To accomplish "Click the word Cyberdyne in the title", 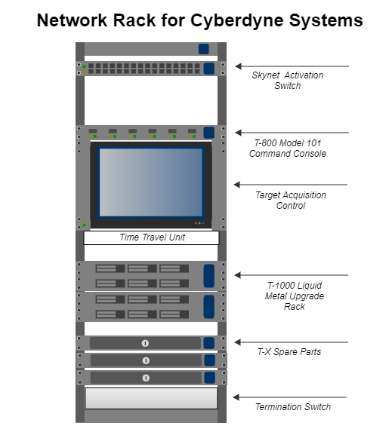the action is pos(237,20).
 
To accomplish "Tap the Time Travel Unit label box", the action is pos(151,237).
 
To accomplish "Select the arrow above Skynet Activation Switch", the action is pos(292,66).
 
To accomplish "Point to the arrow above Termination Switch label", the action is pos(290,397).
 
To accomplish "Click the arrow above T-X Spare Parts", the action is pos(292,342).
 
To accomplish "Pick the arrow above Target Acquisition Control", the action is pos(291,185).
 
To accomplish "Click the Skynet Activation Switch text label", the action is pos(288,81).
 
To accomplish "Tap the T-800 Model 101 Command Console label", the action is pos(288,149).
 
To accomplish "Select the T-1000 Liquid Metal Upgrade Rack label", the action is pos(295,296).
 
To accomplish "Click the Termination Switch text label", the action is pos(293,407).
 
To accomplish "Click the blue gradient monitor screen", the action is pos(151,182).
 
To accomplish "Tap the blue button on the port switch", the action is pos(208,69).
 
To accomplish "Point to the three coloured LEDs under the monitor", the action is pos(199,223).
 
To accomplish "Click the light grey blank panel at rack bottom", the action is pos(151,398).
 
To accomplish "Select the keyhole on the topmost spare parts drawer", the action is pos(145,343).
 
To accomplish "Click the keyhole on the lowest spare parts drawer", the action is pos(146,378).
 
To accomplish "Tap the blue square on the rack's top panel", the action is pos(204,49).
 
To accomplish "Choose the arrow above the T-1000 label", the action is pos(292,275).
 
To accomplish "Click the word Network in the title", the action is pos(73,20).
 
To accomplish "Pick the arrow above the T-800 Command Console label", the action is pos(292,133).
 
